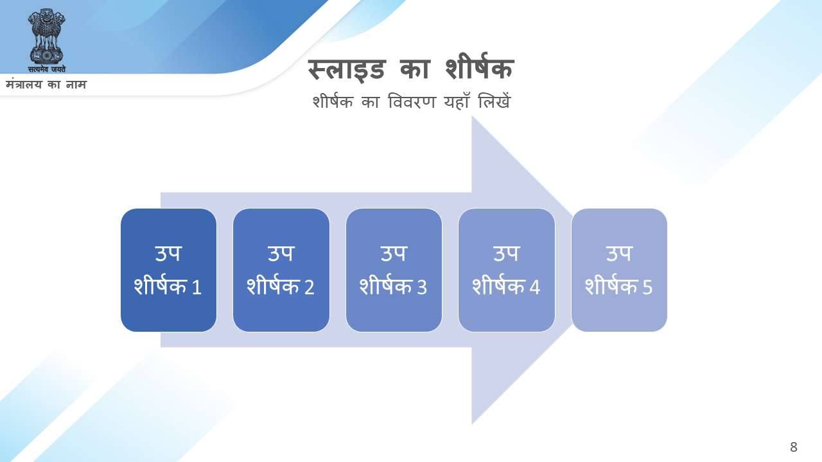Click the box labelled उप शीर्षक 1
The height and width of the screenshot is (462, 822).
tap(168, 270)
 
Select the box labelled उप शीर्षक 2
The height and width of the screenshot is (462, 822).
tap(281, 270)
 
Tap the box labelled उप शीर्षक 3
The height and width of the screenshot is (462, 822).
tap(394, 270)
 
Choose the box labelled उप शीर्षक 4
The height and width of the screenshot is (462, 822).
tap(507, 270)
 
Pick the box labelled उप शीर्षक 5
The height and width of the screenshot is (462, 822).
tap(619, 270)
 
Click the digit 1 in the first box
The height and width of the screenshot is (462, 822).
tap(197, 287)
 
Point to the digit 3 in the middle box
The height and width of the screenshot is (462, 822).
tap(422, 287)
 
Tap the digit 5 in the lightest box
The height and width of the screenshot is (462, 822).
tap(647, 287)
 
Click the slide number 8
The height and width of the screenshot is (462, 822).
tap(794, 447)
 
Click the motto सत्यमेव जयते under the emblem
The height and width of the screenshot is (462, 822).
tap(47, 69)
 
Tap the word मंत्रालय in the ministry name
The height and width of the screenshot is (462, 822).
tap(24, 85)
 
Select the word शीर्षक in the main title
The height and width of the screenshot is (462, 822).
tap(480, 67)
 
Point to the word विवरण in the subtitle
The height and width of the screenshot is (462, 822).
tap(412, 101)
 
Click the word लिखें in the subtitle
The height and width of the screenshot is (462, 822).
tap(494, 101)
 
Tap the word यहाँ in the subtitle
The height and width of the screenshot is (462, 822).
tap(457, 101)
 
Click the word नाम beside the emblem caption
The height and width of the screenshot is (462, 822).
tap(76, 85)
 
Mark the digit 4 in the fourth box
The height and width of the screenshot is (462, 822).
tap(535, 287)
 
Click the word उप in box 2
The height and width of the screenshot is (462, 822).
tap(281, 253)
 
